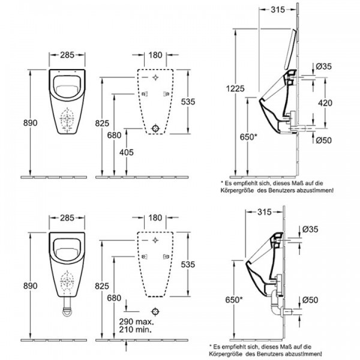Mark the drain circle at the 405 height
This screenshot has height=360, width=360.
click(156, 128)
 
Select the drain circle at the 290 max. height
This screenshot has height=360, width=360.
click(156, 311)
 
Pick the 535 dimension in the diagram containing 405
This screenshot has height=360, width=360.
click(188, 102)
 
